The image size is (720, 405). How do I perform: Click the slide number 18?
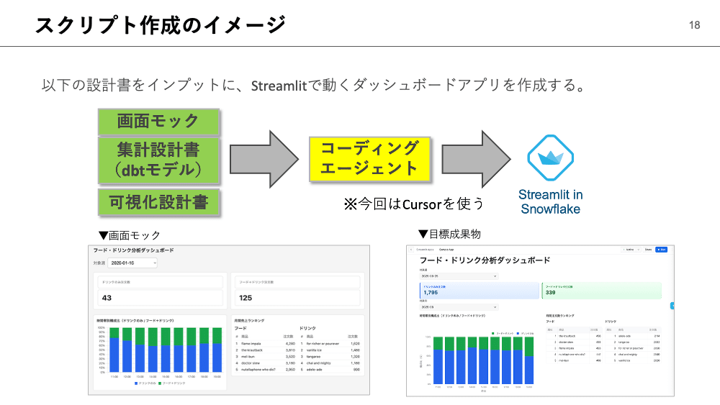(694, 25)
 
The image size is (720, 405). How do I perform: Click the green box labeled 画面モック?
(158, 121)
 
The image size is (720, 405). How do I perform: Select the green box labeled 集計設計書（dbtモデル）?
(158, 159)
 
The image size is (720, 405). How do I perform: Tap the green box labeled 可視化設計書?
(158, 203)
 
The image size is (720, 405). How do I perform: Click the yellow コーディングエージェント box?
(369, 158)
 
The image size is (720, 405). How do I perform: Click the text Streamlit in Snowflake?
(551, 202)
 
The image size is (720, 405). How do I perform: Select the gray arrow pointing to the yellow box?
(264, 158)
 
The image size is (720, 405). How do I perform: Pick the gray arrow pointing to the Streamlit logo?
(476, 158)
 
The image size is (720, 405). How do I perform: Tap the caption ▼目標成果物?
(449, 234)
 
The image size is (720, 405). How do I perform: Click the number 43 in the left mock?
(107, 297)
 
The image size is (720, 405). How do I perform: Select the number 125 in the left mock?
(246, 297)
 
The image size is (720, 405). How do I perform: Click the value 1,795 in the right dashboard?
(431, 293)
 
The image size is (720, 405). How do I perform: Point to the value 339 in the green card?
(552, 293)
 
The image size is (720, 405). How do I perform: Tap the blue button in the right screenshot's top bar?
(662, 250)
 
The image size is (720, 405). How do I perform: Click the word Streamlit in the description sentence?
(280, 86)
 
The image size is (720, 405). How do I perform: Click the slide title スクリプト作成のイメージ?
(161, 25)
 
